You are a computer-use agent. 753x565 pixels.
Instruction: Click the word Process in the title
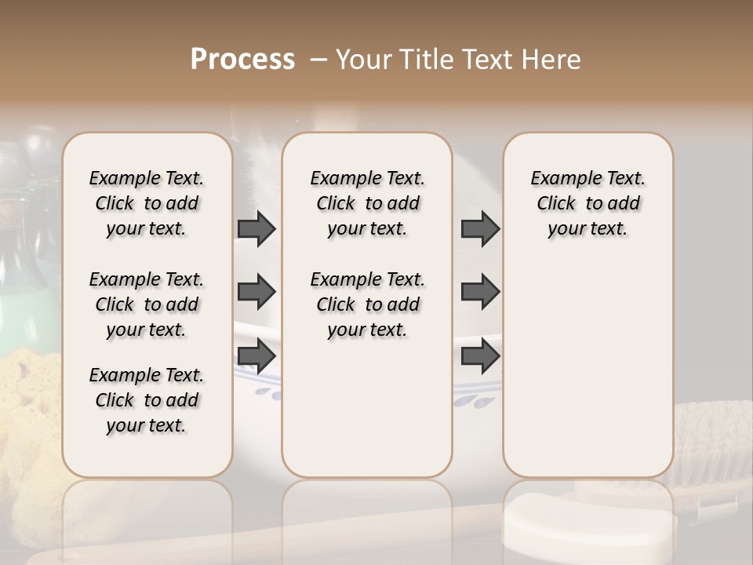(242, 60)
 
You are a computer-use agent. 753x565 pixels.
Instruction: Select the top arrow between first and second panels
(256, 229)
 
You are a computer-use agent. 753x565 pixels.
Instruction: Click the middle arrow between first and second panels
(256, 292)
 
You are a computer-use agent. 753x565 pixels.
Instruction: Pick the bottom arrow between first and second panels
(256, 355)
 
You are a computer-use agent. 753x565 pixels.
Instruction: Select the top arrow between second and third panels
(480, 229)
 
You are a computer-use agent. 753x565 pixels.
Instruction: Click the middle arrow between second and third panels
(480, 292)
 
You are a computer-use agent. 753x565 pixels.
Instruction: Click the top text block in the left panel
(147, 203)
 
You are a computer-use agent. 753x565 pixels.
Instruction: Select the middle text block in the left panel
(147, 304)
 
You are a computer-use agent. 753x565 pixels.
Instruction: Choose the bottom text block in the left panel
(147, 400)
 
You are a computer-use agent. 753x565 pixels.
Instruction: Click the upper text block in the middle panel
(367, 203)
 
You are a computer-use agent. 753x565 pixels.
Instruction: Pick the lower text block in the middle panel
(367, 304)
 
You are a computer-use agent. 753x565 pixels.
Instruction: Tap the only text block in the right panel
(587, 203)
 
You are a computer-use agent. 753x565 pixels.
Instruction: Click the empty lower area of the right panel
(587, 369)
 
